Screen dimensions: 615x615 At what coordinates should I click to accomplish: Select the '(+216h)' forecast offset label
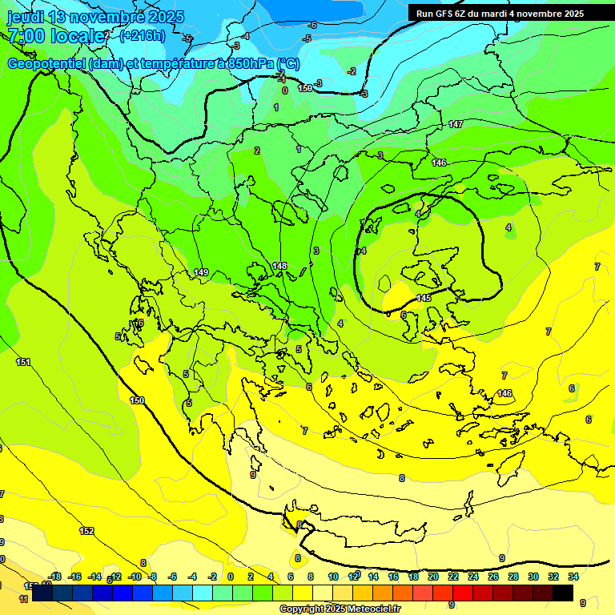tap(143, 35)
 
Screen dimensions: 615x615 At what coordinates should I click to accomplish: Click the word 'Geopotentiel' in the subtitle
tap(46, 63)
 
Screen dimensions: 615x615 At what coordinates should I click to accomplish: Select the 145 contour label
tap(424, 299)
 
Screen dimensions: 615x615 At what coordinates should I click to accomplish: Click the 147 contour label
tap(456, 124)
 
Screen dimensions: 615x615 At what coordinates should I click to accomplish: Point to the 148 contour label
tap(279, 266)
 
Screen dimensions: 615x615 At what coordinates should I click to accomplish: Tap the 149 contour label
tap(201, 273)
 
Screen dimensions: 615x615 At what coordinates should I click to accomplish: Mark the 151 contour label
tap(23, 363)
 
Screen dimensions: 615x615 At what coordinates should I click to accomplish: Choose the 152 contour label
tap(86, 531)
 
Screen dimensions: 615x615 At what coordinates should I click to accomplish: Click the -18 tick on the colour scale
tap(55, 577)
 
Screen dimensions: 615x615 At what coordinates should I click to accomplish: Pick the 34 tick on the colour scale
tap(573, 577)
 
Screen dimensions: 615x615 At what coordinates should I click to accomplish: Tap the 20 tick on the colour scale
tap(433, 577)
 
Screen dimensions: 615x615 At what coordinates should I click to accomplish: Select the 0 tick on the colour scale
tap(231, 577)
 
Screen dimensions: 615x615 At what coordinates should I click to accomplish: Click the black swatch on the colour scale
tap(562, 593)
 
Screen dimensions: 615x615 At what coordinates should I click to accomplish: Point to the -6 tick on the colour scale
tap(172, 577)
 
